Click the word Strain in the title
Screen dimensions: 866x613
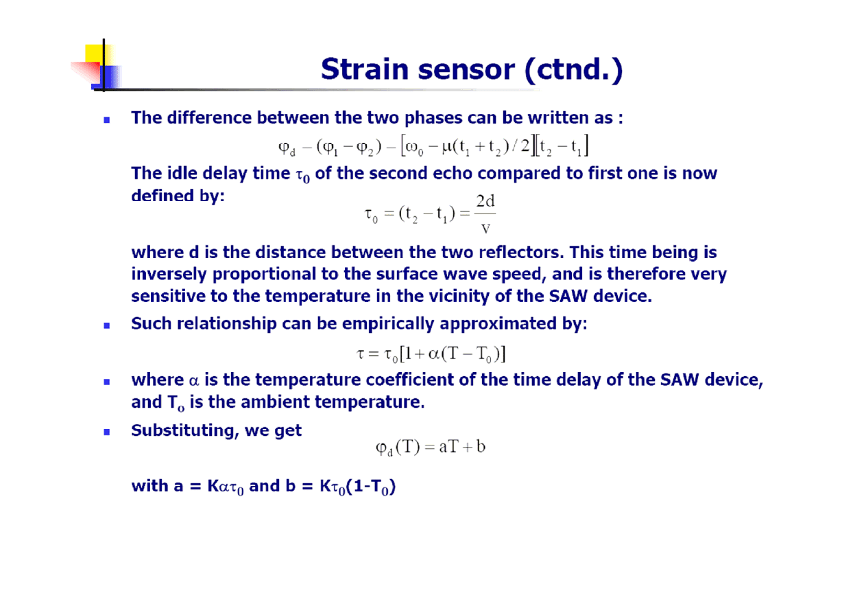click(x=365, y=69)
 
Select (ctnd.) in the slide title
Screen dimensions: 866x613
click(x=573, y=70)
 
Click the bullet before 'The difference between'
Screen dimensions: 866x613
click(x=107, y=120)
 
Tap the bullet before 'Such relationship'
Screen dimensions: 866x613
click(x=107, y=326)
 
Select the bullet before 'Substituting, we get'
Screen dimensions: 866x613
click(x=107, y=432)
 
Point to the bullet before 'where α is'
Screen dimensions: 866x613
click(x=107, y=382)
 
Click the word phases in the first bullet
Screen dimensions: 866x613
click(x=433, y=119)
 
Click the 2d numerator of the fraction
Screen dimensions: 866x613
click(x=485, y=201)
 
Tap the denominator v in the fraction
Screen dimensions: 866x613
click(x=485, y=229)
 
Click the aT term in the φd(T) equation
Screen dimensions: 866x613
click(x=449, y=447)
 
